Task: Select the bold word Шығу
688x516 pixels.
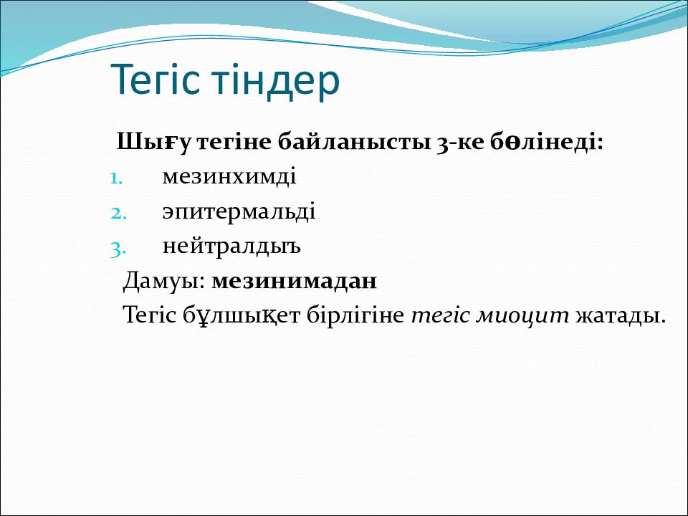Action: [x=154, y=142]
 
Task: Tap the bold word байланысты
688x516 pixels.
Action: [x=354, y=142]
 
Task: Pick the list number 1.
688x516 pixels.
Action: [x=116, y=179]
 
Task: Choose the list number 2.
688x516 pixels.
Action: [x=118, y=214]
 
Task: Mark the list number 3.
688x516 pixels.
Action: [x=118, y=249]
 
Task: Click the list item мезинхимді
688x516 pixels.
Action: [x=229, y=176]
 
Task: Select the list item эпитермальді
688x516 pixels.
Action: [x=239, y=212]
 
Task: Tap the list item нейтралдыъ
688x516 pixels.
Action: [x=231, y=247]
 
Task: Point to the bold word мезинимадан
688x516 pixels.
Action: [x=294, y=281]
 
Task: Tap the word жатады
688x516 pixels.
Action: [x=621, y=315]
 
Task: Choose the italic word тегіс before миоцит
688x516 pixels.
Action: [x=441, y=316]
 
